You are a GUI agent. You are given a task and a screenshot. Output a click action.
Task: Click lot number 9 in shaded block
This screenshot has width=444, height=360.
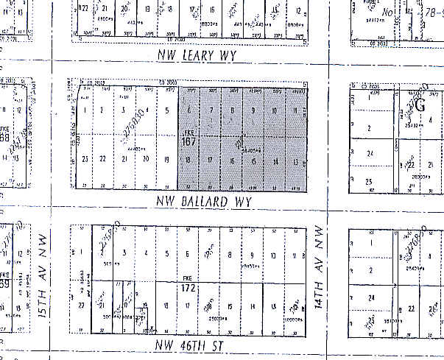(253, 112)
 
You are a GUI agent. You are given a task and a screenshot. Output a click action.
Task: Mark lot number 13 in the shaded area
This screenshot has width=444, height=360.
(295, 162)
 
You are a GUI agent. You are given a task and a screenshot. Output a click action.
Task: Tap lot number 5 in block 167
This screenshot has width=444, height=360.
(168, 111)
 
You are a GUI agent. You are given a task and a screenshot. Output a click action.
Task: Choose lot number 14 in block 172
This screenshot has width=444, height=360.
(252, 306)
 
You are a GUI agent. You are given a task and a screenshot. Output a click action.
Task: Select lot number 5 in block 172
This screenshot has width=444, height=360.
(168, 255)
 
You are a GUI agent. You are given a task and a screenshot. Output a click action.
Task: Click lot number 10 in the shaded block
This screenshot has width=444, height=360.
(274, 112)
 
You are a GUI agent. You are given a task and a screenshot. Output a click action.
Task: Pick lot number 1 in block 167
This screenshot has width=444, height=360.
(85, 111)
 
